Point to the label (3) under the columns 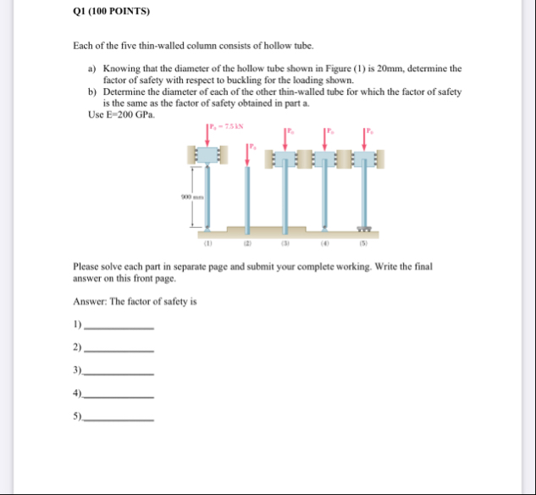pyautogui.click(x=285, y=240)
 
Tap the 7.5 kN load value pyautogui.click(x=231, y=126)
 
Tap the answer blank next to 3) pyautogui.click(x=120, y=372)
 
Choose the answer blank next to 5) pyautogui.click(x=120, y=419)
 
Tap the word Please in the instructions pyautogui.click(x=87, y=265)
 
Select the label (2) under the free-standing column pyautogui.click(x=247, y=240)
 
